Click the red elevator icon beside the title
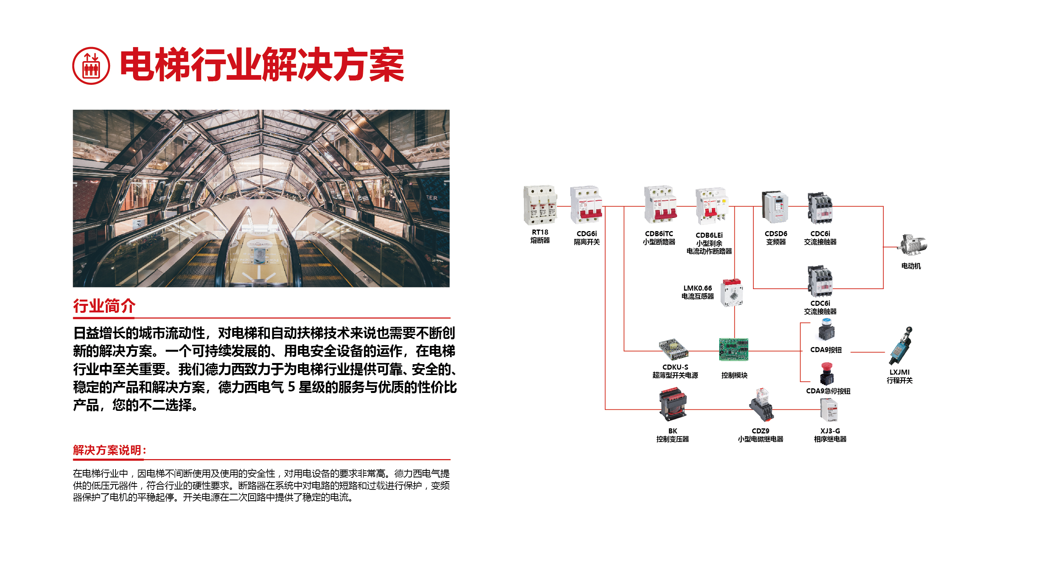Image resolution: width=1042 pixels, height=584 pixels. coord(91,66)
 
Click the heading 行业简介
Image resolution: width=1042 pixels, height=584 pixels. coord(104,306)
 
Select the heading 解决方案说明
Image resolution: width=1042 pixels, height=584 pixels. coord(109,450)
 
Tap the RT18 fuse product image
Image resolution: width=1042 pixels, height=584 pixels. coord(539,205)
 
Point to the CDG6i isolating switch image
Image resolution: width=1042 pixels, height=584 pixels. coord(586,205)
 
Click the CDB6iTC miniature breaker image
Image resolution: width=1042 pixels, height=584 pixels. coord(660,205)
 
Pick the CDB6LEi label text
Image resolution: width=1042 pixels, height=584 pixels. coord(709,235)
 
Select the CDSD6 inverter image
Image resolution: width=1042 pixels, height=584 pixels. coord(775,207)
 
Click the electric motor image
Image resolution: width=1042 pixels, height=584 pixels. coord(912,245)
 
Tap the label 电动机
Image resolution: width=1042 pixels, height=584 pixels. coord(911,266)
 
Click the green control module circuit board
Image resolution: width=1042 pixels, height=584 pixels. coord(733,349)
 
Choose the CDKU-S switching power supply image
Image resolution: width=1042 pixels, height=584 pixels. coord(673,350)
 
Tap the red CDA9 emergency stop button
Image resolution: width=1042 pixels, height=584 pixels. coord(827,374)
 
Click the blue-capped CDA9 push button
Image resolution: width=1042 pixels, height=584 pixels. coord(826,330)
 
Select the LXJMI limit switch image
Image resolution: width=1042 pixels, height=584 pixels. coord(901,346)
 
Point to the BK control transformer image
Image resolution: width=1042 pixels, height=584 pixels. coord(672,405)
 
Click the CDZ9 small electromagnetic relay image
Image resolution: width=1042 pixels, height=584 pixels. coord(761,405)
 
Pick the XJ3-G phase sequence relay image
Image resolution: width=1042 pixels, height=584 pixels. coord(829,410)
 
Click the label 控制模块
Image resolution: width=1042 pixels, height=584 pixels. coord(734,375)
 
